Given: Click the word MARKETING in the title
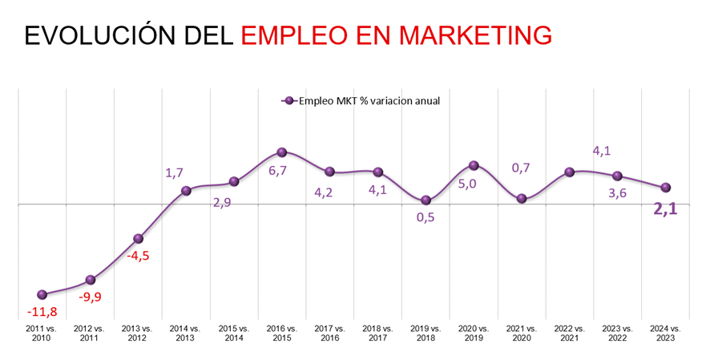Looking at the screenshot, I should [x=475, y=34].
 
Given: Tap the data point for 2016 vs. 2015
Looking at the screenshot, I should [x=281, y=152].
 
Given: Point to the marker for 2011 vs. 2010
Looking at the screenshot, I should [x=42, y=294].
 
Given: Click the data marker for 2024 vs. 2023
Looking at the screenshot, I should [x=665, y=188].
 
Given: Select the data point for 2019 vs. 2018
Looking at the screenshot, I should [x=426, y=200].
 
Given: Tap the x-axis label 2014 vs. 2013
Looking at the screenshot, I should [x=185, y=334].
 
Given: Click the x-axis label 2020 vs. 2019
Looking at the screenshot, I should [x=474, y=334].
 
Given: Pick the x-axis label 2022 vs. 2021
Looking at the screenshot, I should [x=570, y=334].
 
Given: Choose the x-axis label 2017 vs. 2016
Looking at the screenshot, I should [x=329, y=334].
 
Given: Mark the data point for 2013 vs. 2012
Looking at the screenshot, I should [x=138, y=238].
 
